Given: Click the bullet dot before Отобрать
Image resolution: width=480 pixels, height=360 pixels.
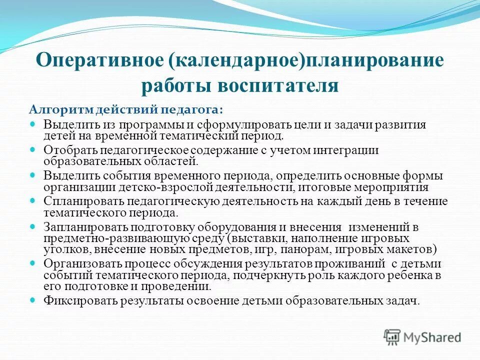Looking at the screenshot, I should (x=34, y=149).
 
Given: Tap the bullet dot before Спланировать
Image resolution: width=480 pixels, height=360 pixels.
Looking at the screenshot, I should (x=34, y=200).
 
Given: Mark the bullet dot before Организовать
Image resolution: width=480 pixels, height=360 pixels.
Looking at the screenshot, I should (x=34, y=262).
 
